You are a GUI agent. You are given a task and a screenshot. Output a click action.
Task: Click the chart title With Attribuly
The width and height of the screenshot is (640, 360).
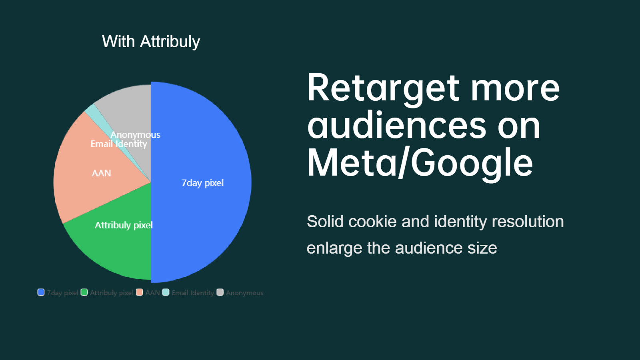point(151,42)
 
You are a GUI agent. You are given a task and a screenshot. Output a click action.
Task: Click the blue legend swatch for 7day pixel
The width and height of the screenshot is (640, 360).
point(41,292)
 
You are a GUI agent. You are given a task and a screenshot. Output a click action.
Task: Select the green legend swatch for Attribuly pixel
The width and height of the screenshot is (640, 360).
point(84,292)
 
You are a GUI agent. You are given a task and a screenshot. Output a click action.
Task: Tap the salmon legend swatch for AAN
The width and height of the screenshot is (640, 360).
point(140,292)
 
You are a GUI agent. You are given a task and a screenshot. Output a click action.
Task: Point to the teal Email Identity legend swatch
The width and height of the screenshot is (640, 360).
point(166,292)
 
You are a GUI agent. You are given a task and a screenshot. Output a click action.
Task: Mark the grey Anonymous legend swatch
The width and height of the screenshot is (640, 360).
point(220,292)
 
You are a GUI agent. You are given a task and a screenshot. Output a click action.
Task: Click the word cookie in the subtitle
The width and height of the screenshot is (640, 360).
point(372,222)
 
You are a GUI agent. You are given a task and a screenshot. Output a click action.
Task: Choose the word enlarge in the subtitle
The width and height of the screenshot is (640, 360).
point(334,248)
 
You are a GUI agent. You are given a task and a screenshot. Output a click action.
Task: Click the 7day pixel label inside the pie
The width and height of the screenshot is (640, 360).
point(202,183)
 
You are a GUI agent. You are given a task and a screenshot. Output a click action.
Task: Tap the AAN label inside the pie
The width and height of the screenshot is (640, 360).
point(101,173)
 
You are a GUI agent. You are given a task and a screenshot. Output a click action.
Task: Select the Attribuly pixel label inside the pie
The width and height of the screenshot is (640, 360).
point(124,226)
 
